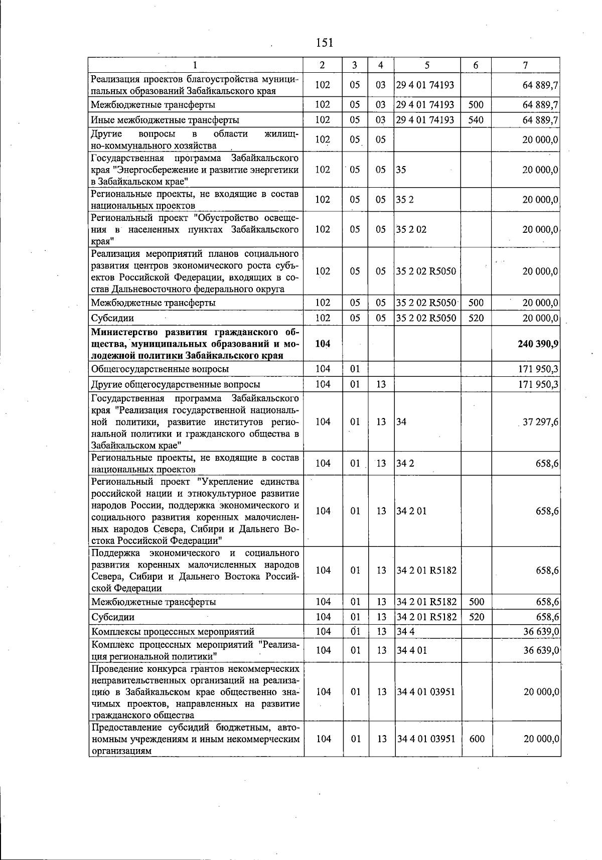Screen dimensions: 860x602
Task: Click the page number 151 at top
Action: pos(325,42)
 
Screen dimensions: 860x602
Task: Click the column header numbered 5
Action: pos(426,65)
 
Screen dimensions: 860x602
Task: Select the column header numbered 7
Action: pos(525,65)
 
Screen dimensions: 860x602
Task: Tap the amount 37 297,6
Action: pos(540,422)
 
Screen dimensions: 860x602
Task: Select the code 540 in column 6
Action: pos(476,120)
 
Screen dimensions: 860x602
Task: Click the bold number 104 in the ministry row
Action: pos(323,344)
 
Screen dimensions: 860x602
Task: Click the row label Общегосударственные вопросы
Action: pos(160,369)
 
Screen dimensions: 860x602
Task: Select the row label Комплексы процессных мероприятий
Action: pos(173,632)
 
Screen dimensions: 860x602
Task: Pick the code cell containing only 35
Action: pos(401,170)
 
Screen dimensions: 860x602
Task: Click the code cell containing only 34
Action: pos(401,422)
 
